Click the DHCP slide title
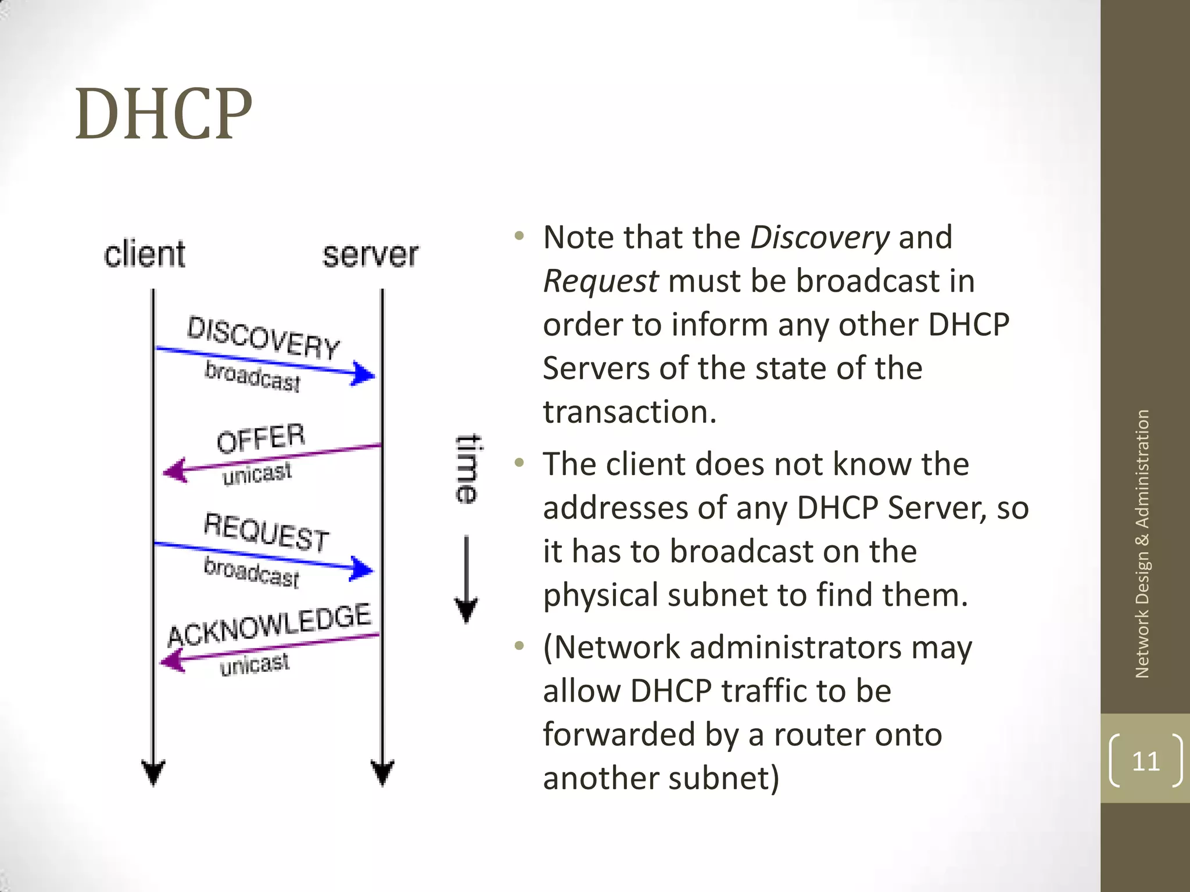pyautogui.click(x=163, y=114)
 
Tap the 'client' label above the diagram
pyautogui.click(x=145, y=254)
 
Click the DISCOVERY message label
pyautogui.click(x=263, y=338)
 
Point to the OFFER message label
pyautogui.click(x=261, y=438)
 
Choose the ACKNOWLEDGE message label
pyautogui.click(x=269, y=625)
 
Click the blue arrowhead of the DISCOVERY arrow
pyautogui.click(x=363, y=374)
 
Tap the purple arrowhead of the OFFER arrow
pyautogui.click(x=175, y=470)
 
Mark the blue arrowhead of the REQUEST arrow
pyautogui.click(x=362, y=569)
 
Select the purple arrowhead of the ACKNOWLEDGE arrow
pyautogui.click(x=173, y=660)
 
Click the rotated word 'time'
pyautogui.click(x=467, y=469)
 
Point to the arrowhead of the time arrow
pyautogui.click(x=466, y=610)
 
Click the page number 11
pyautogui.click(x=1145, y=761)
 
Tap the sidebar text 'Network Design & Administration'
pyautogui.click(x=1142, y=544)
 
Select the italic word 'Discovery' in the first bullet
pyautogui.click(x=819, y=238)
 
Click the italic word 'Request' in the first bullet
pyautogui.click(x=601, y=282)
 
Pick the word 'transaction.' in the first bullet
pyautogui.click(x=630, y=412)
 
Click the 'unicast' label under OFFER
pyautogui.click(x=257, y=474)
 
